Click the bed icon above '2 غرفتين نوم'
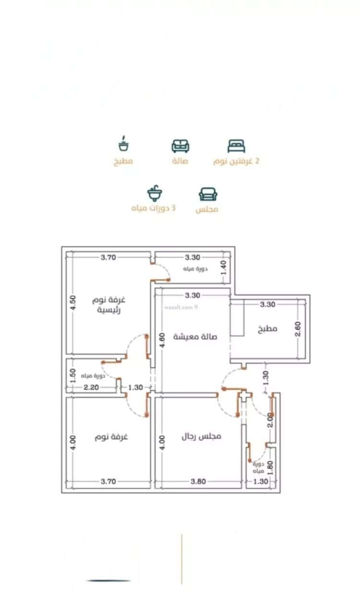point(236,146)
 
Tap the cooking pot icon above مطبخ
point(124,144)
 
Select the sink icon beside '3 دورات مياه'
point(155,194)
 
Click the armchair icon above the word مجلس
point(208,194)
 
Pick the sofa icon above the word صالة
point(180,146)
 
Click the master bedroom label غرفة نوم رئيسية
point(109,305)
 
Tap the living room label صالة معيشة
point(195,336)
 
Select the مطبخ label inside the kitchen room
point(267,329)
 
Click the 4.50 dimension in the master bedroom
point(72,304)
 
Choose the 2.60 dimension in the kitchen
point(298,329)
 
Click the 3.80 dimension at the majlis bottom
point(198,482)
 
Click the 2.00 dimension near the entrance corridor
point(270,420)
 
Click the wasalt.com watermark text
point(181,307)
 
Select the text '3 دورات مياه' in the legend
point(153,209)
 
